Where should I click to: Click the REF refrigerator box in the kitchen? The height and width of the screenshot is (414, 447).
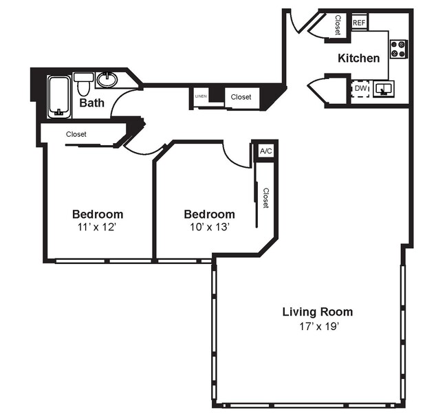coord(359,23)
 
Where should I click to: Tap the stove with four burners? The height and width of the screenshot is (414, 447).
coord(399,48)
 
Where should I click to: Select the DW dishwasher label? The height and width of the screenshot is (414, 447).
coord(360,88)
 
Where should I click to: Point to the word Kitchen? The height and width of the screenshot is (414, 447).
coord(358,58)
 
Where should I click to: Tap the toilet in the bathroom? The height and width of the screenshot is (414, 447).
coord(83,85)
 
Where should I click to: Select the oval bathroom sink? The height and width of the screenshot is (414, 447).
coord(107,80)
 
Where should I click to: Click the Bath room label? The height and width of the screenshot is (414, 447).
coord(91,103)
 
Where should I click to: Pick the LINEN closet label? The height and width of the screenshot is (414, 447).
coord(201,97)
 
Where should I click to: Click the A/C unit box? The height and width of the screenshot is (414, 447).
coord(265,151)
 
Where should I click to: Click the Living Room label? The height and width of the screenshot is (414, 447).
coord(317,312)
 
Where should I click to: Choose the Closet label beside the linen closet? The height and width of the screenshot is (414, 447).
coord(241,97)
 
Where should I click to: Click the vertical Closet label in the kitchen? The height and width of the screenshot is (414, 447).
coord(338,25)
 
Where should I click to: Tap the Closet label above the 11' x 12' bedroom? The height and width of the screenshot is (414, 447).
coord(76,134)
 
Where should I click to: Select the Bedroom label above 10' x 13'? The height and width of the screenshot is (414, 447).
coord(209,214)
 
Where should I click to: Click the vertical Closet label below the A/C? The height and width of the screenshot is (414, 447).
coord(265,198)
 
